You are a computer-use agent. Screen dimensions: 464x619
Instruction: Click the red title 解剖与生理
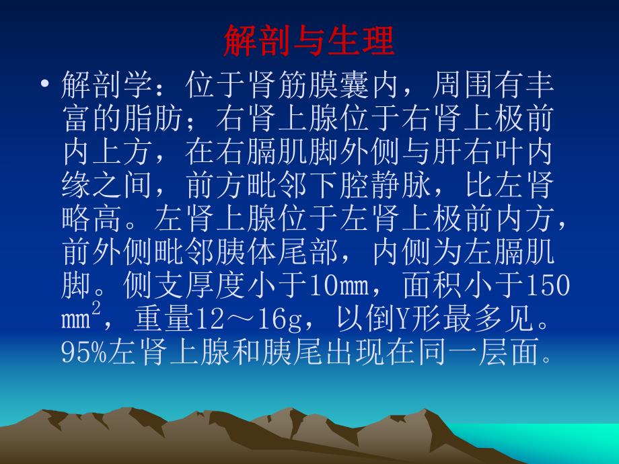(309, 41)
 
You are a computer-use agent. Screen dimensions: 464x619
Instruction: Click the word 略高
(92, 219)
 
